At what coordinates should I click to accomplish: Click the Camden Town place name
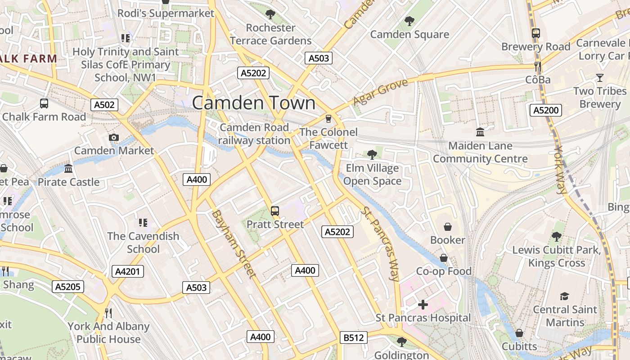click(254, 103)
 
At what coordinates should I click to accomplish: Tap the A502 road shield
click(104, 105)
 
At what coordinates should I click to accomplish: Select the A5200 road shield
click(545, 110)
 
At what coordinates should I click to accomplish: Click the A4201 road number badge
click(128, 271)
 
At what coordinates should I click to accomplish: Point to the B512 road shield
click(353, 337)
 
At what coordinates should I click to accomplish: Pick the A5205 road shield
click(68, 287)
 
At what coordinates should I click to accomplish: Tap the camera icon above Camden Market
click(114, 137)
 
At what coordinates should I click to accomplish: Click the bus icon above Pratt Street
click(274, 211)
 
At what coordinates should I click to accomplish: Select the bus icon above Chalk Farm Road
click(44, 103)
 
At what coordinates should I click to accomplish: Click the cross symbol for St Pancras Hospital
click(423, 305)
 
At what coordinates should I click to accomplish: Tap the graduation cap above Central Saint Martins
click(564, 296)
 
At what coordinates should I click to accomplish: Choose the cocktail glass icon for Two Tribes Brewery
click(599, 78)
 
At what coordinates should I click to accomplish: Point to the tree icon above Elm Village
click(372, 155)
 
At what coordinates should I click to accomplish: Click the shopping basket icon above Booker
click(447, 226)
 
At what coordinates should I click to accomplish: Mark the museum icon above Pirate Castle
click(68, 169)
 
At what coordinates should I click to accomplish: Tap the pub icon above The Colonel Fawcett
click(328, 119)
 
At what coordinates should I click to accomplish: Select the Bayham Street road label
click(234, 243)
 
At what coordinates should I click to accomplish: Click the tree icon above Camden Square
click(409, 21)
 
